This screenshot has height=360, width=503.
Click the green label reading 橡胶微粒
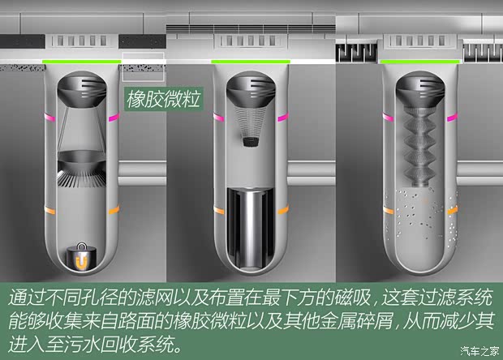[162, 99]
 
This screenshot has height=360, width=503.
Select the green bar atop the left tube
[83, 61]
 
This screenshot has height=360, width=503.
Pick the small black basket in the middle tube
[250, 142]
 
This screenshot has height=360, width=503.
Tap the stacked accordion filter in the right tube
[419, 150]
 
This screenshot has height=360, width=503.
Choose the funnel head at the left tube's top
[83, 86]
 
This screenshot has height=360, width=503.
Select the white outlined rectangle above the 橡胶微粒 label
[143, 67]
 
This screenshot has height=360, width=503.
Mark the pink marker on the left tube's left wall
[47, 117]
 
